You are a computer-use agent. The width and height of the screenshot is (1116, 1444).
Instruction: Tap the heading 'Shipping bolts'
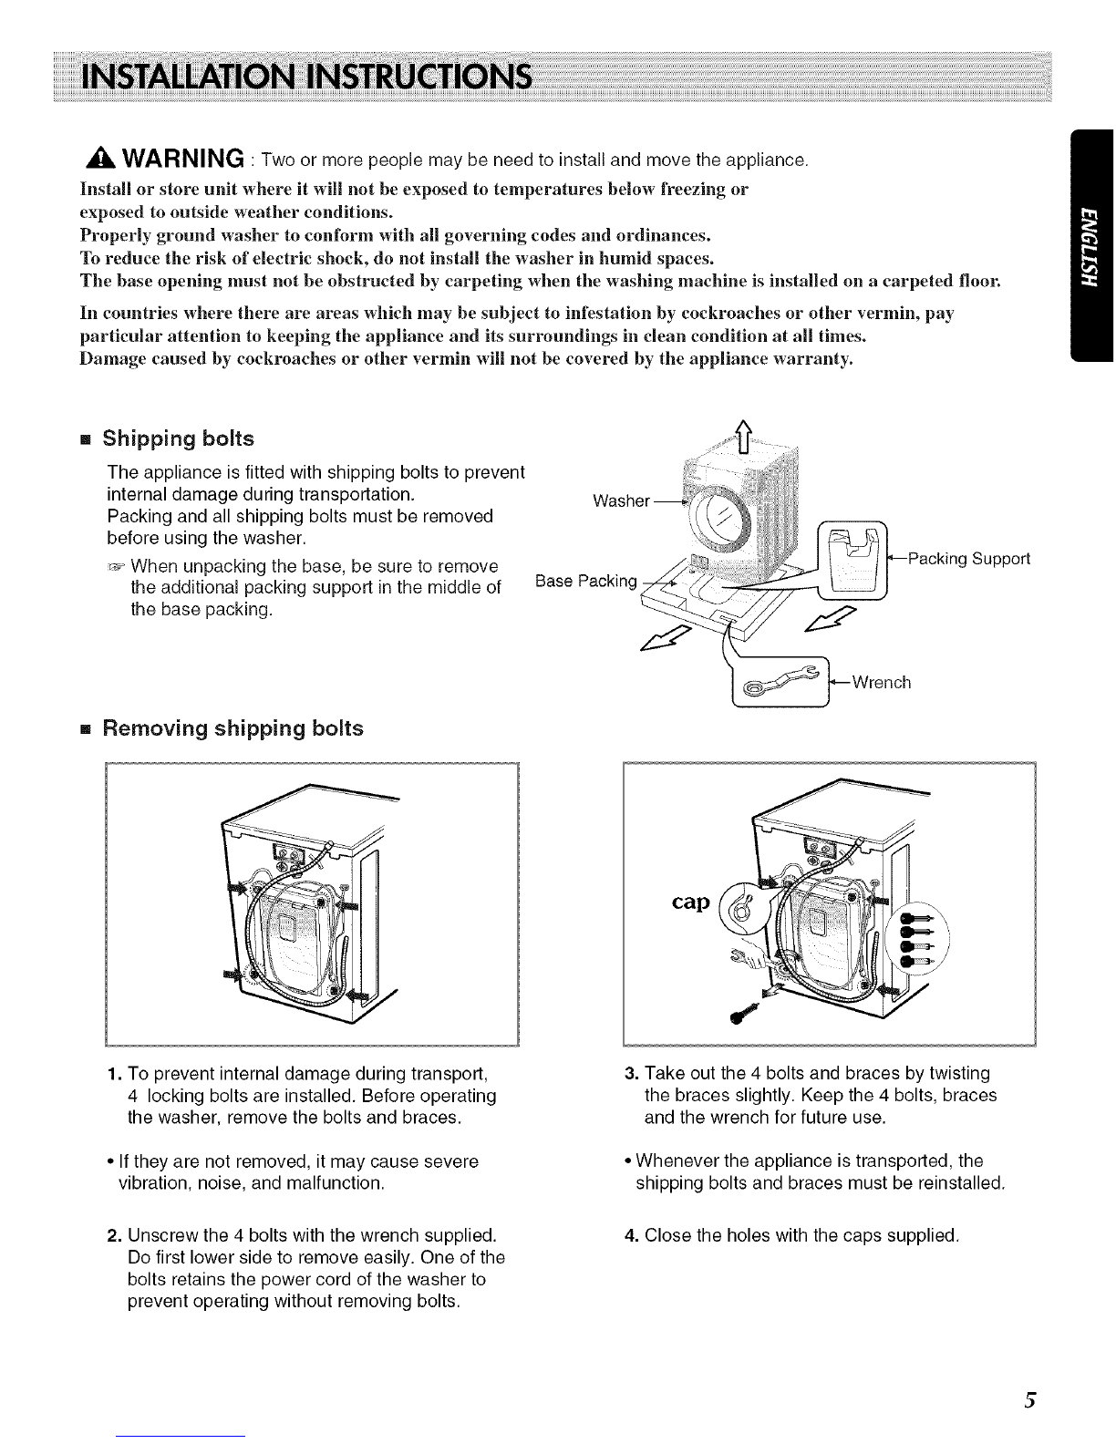(178, 438)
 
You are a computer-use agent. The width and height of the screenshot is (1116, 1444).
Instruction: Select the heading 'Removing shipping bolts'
(232, 728)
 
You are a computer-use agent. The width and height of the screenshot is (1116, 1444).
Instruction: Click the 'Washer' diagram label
(621, 500)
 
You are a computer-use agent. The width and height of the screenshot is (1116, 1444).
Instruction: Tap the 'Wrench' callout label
(880, 682)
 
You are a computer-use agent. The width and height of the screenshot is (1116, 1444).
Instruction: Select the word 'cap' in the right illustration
(691, 902)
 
